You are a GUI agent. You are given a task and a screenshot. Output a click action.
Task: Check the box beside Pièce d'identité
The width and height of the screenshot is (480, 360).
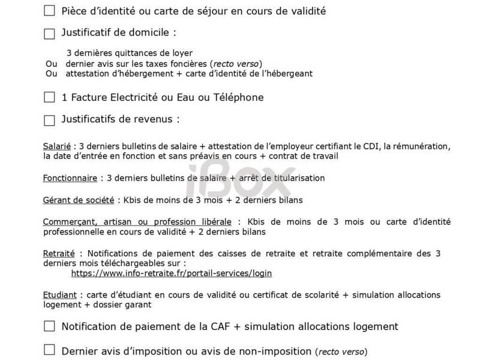click(49, 10)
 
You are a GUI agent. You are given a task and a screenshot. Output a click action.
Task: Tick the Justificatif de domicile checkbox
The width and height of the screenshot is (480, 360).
click(49, 34)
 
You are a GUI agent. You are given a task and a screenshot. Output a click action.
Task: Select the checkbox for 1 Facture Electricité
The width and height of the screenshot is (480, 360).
click(49, 97)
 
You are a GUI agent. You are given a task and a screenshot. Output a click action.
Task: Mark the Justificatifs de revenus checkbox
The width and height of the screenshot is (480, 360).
click(49, 119)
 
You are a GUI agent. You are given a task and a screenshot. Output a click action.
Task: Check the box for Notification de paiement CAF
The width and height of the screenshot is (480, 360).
click(49, 326)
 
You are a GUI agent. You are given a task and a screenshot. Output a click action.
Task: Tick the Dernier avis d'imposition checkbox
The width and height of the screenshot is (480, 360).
click(49, 349)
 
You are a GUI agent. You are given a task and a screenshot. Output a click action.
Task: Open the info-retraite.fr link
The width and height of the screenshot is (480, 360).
click(171, 273)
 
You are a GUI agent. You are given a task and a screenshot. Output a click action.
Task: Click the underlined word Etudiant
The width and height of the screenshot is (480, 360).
click(59, 295)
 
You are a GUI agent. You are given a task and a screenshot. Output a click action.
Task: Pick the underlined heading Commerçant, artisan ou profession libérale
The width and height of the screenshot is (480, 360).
click(140, 221)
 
